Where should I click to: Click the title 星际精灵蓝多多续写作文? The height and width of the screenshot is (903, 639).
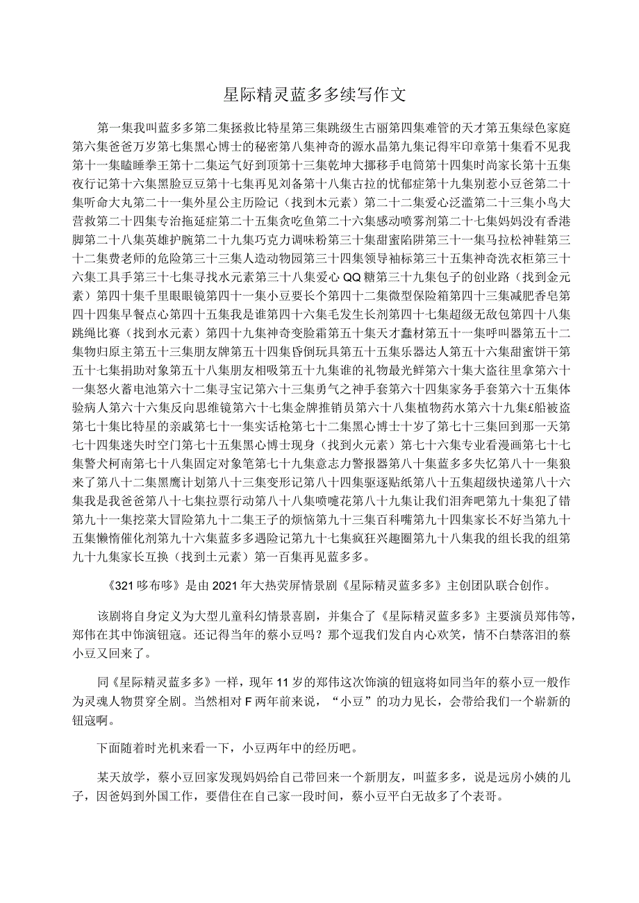pos(319,94)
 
